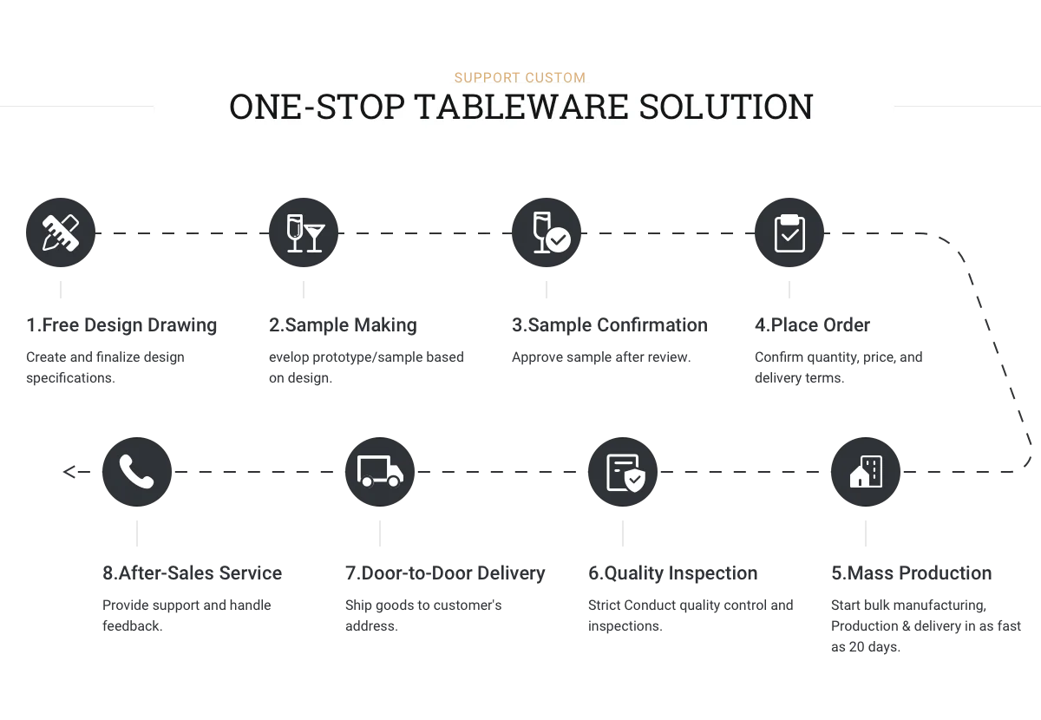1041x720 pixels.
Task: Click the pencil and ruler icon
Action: (x=60, y=232)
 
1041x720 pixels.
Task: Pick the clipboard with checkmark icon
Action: (x=789, y=232)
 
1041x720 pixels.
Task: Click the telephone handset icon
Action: (x=135, y=472)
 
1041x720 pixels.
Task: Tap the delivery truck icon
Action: (x=380, y=472)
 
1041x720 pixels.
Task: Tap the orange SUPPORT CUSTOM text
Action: (x=520, y=76)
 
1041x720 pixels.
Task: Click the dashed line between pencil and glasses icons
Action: (x=180, y=232)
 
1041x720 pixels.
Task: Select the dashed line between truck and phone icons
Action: (x=258, y=472)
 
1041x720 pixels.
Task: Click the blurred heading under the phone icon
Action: (x=190, y=574)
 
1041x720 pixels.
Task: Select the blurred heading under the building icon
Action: (x=908, y=574)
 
